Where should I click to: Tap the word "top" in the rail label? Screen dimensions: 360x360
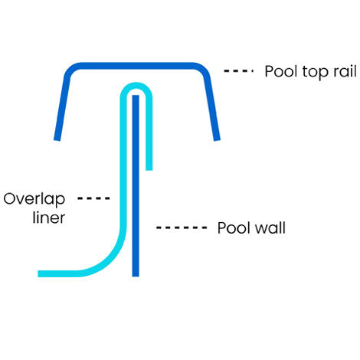(311, 73)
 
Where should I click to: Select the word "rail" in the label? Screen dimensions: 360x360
(337, 72)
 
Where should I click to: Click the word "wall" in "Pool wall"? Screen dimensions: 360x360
(270, 228)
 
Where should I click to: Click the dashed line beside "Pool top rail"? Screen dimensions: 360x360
(239, 71)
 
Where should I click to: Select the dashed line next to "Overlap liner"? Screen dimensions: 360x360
(95, 198)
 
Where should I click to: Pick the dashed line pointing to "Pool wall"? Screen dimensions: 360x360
(182, 227)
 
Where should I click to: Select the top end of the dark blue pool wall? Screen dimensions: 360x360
(136, 97)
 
